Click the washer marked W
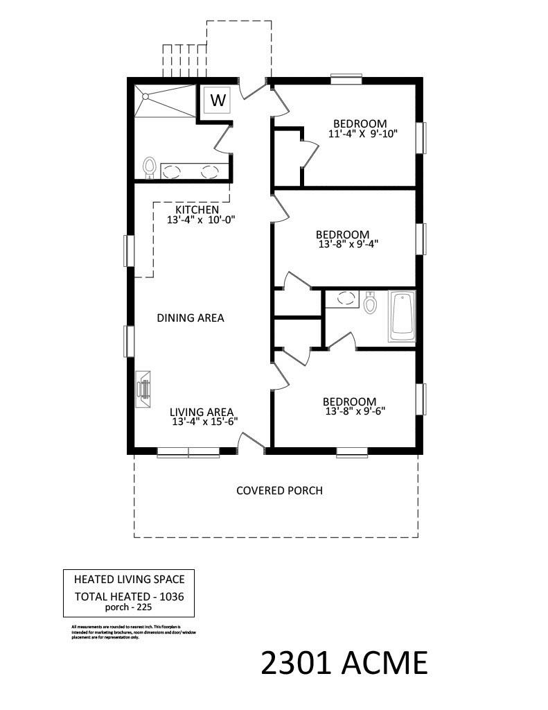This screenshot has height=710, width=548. [218, 100]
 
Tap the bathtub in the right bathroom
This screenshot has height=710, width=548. [402, 317]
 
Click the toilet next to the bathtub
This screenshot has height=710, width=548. [369, 302]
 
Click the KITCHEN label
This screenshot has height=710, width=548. [197, 209]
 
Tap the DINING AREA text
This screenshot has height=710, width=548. [191, 318]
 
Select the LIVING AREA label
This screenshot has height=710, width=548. [202, 410]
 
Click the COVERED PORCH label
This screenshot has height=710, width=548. [279, 491]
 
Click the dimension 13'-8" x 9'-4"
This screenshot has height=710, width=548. [347, 244]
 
